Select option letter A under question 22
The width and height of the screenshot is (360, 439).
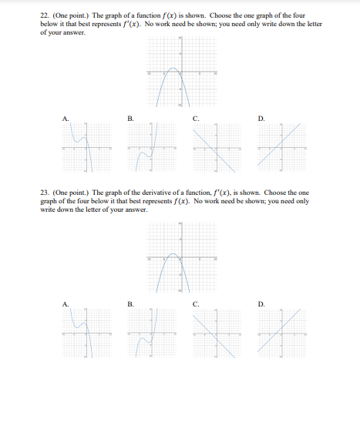66,118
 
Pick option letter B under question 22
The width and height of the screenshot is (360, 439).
130,118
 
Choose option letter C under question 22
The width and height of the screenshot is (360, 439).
197,118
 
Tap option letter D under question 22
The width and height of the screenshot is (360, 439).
261,118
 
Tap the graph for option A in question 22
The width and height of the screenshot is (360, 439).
85,146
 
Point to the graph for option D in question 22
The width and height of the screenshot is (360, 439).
281,146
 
